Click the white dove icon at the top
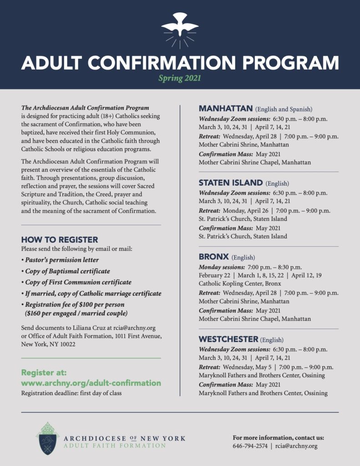click(x=180, y=27)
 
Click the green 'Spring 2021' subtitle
click(x=179, y=78)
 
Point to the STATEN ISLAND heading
click(x=230, y=183)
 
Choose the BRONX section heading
click(x=213, y=257)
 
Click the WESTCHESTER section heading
click(x=228, y=339)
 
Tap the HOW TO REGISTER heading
click(x=60, y=239)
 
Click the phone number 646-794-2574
click(x=250, y=446)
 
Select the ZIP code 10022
click(x=66, y=344)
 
